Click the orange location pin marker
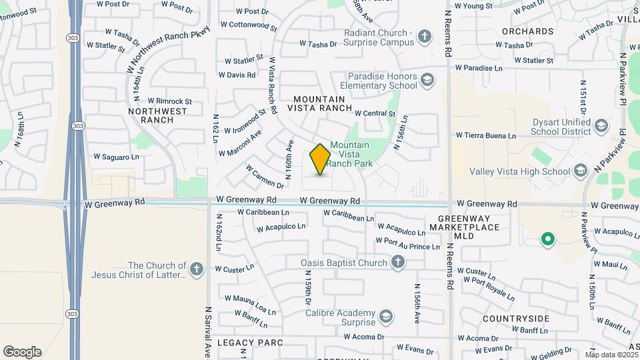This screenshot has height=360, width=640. pos(320,159)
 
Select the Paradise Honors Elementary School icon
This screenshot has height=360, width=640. pos(427,81)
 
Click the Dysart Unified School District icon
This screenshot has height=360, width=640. pos(601,126)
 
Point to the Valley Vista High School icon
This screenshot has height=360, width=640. pos(580,171)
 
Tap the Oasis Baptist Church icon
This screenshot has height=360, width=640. pos(397,263)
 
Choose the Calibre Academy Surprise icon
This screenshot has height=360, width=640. pos(385,316)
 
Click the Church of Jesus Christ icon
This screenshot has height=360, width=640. pos(196,269)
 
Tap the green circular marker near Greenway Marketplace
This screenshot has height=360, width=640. pos(547,238)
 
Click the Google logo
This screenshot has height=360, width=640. pos(23,352)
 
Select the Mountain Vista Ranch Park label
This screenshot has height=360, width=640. pos(349,154)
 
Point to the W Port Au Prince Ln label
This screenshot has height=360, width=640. pos(408,244)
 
